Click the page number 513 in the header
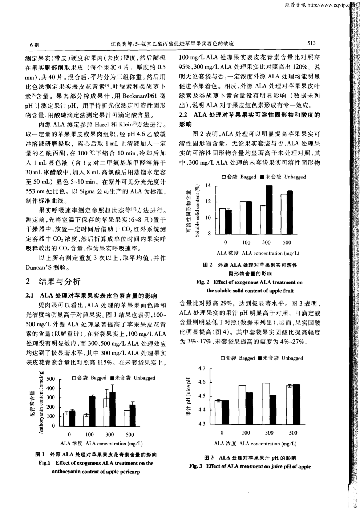(x=311, y=43)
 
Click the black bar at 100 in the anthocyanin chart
(x=92, y=411)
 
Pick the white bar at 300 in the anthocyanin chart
(x=106, y=412)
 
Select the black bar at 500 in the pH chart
(x=296, y=404)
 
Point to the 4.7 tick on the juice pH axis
(x=202, y=368)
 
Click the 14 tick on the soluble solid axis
(x=208, y=186)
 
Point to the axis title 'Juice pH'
(x=189, y=396)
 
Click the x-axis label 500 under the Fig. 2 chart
(x=287, y=242)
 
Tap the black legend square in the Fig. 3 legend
(x=260, y=358)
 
